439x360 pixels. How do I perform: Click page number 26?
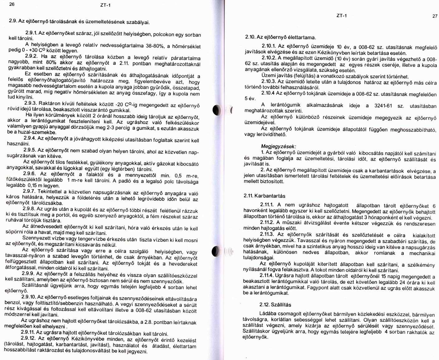click(12, 4)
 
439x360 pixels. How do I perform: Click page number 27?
click(435, 16)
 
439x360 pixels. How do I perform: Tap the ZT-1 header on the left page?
click(106, 5)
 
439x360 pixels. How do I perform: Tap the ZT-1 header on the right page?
click(342, 16)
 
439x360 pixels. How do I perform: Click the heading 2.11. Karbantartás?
click(264, 196)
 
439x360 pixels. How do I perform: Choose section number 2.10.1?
click(268, 46)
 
